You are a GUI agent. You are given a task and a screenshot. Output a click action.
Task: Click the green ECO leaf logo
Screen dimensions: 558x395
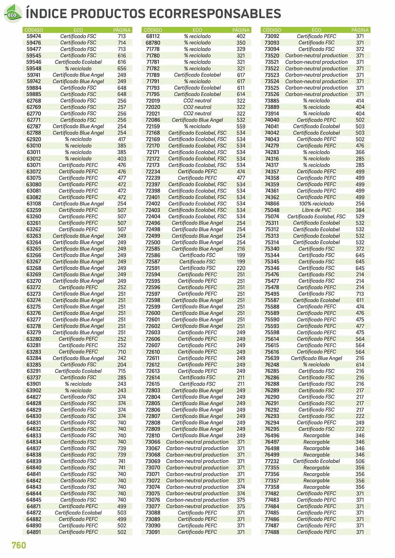point(13,14)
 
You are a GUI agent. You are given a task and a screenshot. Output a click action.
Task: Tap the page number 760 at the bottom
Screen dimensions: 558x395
point(19,545)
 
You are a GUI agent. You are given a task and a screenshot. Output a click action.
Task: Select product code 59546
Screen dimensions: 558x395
point(34,62)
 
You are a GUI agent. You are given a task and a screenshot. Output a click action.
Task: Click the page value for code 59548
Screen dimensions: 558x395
point(122,68)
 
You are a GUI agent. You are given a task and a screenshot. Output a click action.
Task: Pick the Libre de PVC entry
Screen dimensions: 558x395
point(316,210)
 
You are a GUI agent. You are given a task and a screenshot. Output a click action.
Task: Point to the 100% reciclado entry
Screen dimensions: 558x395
point(316,204)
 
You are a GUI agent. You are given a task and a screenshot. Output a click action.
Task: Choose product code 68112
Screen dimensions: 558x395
point(153,36)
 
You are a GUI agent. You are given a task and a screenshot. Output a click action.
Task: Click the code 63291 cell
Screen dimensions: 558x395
point(34,371)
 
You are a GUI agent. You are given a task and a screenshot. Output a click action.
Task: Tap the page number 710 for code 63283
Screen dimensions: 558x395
point(122,352)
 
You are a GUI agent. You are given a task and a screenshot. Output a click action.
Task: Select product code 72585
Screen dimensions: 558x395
point(153,249)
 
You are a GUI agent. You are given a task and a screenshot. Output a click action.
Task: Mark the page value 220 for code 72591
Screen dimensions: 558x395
point(241,268)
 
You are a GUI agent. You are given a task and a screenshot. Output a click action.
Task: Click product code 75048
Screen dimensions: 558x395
point(272,210)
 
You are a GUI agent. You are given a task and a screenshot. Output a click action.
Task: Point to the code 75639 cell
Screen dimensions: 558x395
point(272,358)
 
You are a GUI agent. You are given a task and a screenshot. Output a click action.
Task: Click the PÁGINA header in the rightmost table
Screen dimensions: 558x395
point(360,30)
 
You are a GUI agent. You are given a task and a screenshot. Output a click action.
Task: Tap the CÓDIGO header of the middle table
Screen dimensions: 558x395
point(153,30)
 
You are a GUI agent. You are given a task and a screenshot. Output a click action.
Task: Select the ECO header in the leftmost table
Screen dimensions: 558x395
point(78,30)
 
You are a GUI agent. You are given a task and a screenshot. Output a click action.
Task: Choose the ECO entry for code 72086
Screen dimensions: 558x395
point(197,120)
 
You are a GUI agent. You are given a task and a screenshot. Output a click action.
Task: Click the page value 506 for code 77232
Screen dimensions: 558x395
point(360,461)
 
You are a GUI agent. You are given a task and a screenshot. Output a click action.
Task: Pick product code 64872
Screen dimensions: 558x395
point(34,513)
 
